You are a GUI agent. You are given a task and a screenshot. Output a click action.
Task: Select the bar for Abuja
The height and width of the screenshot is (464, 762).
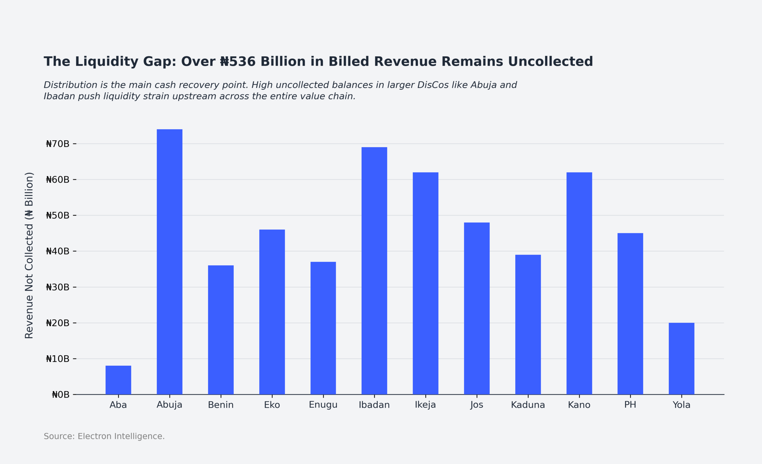169,262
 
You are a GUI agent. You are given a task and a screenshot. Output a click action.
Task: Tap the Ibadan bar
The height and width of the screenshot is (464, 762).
374,271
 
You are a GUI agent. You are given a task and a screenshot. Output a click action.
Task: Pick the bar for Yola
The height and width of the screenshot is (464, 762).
681,359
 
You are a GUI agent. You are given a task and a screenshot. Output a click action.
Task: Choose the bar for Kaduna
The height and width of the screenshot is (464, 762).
528,325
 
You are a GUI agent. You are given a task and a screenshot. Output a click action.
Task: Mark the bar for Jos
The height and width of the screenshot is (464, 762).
477,309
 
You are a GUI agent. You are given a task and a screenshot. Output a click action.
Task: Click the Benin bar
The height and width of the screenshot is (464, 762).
221,330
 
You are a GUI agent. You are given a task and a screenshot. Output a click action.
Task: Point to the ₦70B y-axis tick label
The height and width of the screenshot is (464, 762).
57,144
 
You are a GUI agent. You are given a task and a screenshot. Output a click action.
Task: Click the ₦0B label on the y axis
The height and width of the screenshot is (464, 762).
61,394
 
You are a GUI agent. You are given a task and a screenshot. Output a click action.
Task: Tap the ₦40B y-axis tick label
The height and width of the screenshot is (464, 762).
57,251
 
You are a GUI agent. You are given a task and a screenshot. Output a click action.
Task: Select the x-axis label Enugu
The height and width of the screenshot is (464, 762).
323,405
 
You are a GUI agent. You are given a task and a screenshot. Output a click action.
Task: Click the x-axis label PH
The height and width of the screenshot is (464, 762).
630,405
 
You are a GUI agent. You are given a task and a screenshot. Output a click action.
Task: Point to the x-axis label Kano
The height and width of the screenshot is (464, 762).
579,405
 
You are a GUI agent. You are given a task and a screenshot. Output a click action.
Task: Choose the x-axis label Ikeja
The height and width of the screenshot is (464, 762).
425,405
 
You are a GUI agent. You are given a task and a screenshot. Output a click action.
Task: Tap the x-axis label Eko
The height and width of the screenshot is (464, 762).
272,405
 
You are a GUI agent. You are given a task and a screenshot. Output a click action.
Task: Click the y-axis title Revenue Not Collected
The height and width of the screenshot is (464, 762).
29,255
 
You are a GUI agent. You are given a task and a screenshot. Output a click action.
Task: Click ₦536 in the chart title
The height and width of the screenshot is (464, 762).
238,62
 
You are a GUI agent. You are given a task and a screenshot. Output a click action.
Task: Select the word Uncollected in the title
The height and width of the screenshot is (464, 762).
550,62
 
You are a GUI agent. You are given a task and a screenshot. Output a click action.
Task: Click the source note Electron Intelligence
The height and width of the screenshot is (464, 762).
121,436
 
